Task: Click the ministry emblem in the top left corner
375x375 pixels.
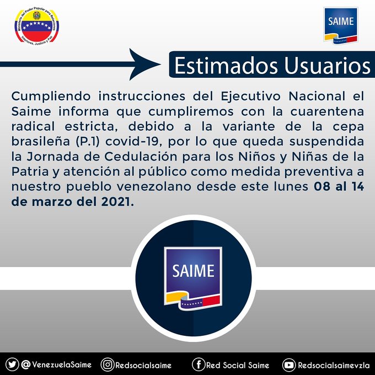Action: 36,27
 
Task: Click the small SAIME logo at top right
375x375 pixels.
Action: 341,25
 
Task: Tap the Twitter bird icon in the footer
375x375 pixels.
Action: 12,365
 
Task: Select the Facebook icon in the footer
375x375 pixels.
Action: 199,365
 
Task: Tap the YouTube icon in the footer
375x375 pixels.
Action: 289,365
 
